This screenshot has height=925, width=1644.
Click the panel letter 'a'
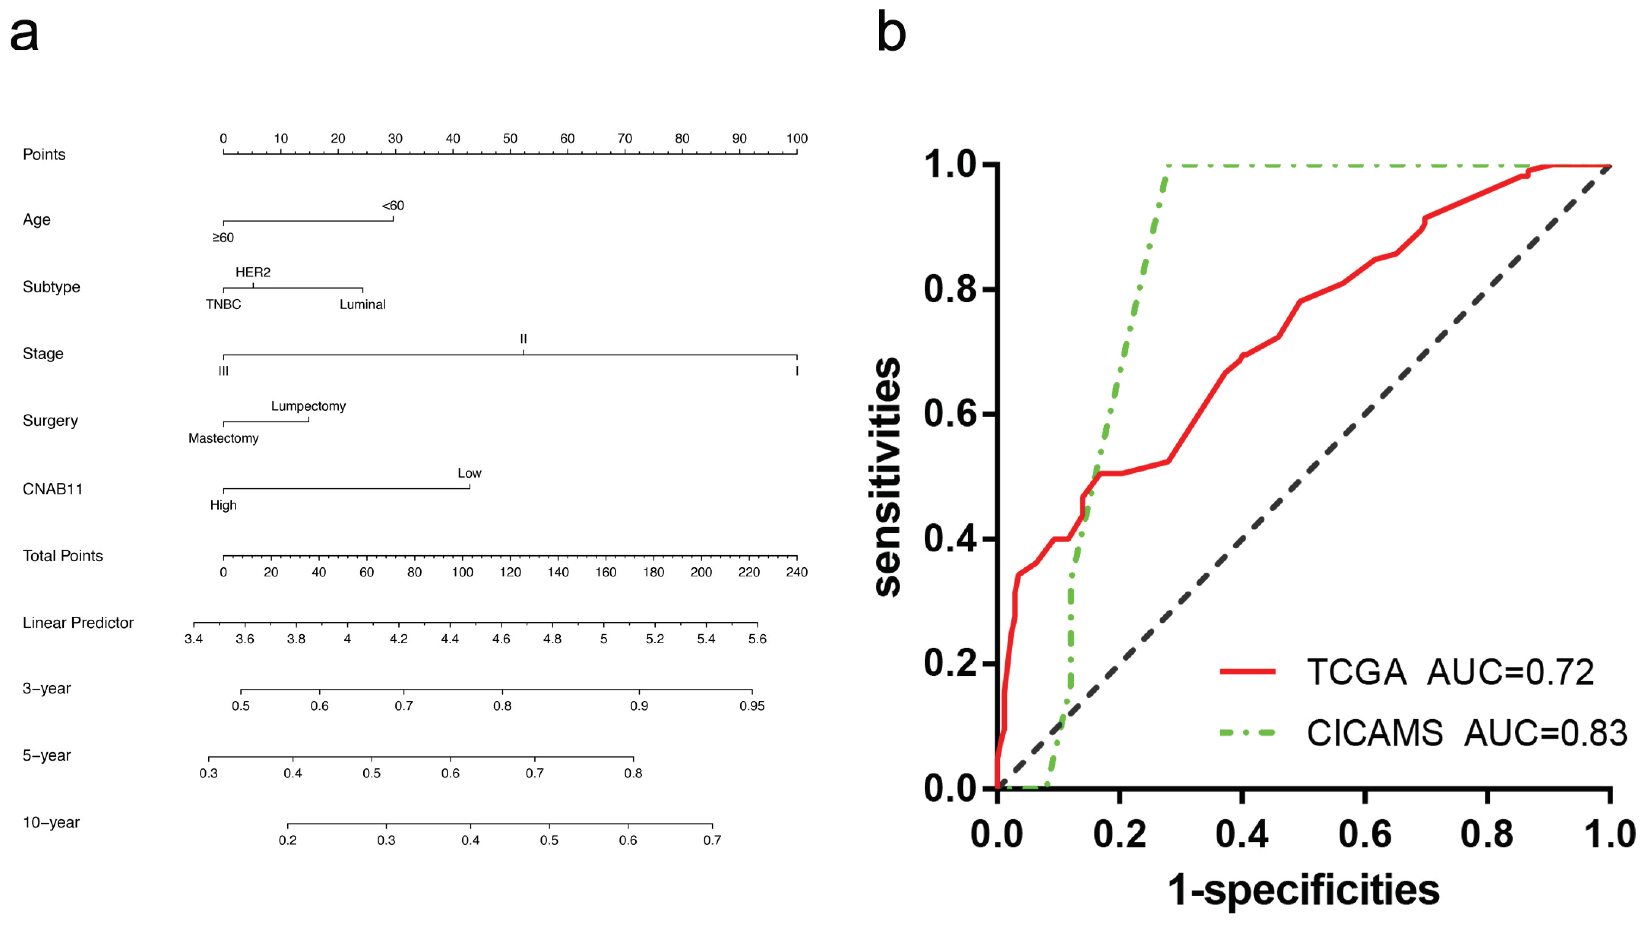coord(24,35)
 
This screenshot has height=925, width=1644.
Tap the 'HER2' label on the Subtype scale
coord(253,272)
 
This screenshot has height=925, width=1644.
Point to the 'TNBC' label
coord(223,304)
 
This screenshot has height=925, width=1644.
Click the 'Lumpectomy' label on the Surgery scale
coord(308,406)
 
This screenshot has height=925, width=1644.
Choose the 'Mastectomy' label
coord(223,438)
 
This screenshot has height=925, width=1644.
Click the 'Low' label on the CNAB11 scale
coord(469,474)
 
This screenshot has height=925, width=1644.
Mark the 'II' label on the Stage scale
coord(523,339)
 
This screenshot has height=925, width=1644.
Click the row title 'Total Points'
coord(63,556)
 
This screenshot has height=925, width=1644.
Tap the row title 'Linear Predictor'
coord(78,623)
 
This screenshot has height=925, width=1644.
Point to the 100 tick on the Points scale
coord(796,139)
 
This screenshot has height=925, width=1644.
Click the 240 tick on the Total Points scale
coord(796,572)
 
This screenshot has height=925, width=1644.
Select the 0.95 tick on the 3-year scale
coord(752,706)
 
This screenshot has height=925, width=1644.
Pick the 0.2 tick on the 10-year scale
coord(288,840)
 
